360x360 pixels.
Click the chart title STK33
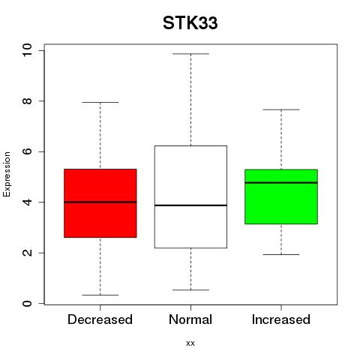pos(190,23)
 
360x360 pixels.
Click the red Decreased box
pos(100,203)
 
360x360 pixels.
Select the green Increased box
pos(281,196)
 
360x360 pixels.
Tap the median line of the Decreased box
pos(100,202)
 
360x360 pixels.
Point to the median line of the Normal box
pos(190,205)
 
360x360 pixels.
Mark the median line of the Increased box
pos(281,182)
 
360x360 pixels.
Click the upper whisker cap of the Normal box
pos(190,54)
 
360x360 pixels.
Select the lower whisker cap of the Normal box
pos(190,290)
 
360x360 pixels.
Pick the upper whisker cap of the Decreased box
pos(100,102)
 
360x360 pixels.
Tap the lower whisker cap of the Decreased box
pos(100,295)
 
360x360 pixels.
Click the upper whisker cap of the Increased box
pos(281,109)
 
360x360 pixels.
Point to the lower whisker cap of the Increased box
pos(281,254)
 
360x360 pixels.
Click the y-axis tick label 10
pos(27,50)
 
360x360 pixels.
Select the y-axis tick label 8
pos(27,100)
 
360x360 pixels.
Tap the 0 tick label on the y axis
pos(27,304)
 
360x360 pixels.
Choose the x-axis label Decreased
pos(100,319)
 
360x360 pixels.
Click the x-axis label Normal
pos(190,319)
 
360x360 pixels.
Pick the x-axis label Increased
pos(281,319)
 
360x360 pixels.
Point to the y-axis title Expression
pos(7,174)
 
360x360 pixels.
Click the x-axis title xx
pos(190,343)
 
